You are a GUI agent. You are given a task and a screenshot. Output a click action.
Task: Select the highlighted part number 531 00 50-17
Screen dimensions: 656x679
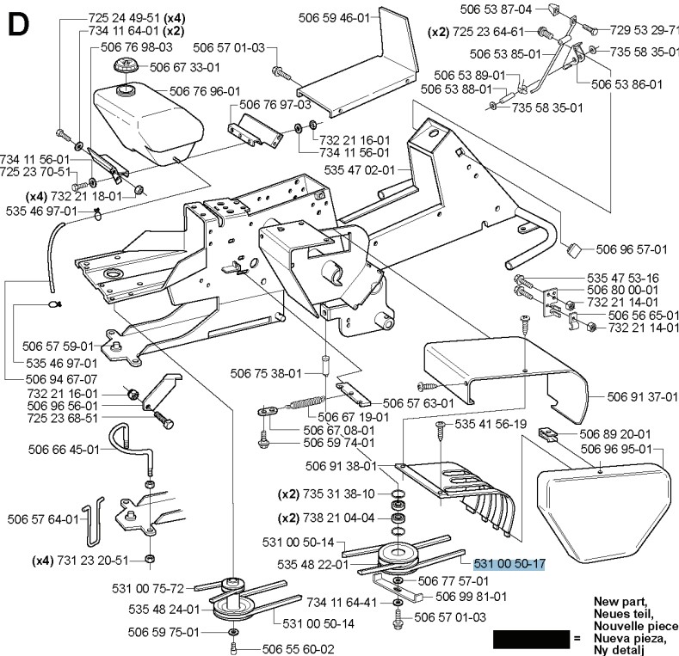point(509,563)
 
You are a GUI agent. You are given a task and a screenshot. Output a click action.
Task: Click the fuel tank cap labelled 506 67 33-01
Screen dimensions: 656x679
point(125,67)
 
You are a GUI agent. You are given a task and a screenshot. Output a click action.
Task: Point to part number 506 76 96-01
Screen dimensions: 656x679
point(205,90)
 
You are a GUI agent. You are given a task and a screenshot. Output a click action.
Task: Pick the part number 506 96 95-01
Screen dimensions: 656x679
point(615,450)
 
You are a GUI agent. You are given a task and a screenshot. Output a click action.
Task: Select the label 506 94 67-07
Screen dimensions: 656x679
point(40,377)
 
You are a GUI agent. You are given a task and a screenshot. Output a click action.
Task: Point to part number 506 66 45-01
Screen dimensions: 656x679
point(39,448)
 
